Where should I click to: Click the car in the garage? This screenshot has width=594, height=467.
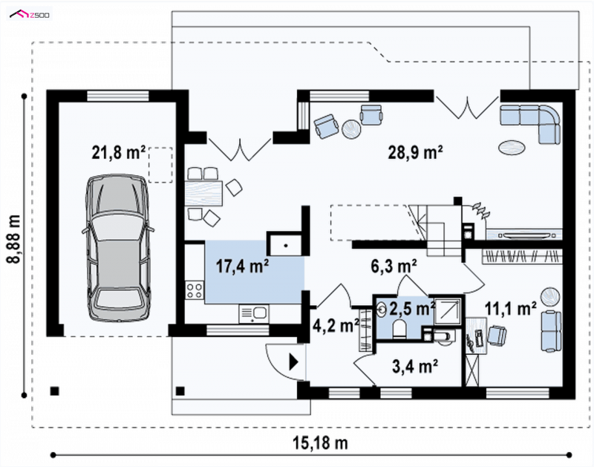click(118, 248)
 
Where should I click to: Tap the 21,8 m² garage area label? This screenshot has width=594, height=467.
click(119, 153)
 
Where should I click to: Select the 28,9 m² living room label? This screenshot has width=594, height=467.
click(415, 152)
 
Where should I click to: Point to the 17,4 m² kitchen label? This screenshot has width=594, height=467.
click(243, 266)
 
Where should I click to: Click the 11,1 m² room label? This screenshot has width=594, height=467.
click(511, 309)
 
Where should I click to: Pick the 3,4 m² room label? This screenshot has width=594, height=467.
click(415, 366)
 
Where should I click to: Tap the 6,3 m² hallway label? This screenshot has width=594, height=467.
click(394, 266)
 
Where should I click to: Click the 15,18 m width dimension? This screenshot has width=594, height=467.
click(320, 442)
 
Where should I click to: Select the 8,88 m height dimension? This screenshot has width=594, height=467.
click(14, 239)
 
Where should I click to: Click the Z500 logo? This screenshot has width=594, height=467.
click(30, 15)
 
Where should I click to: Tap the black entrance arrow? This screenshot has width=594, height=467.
click(293, 362)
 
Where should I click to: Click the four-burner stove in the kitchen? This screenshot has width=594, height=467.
click(195, 290)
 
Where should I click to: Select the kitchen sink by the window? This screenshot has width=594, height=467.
click(254, 314)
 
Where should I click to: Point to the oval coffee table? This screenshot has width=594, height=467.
click(512, 147)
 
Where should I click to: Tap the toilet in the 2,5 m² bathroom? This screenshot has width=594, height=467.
click(399, 329)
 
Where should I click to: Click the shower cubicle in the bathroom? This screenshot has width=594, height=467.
click(448, 311)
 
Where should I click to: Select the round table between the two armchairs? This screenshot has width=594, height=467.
click(351, 129)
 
